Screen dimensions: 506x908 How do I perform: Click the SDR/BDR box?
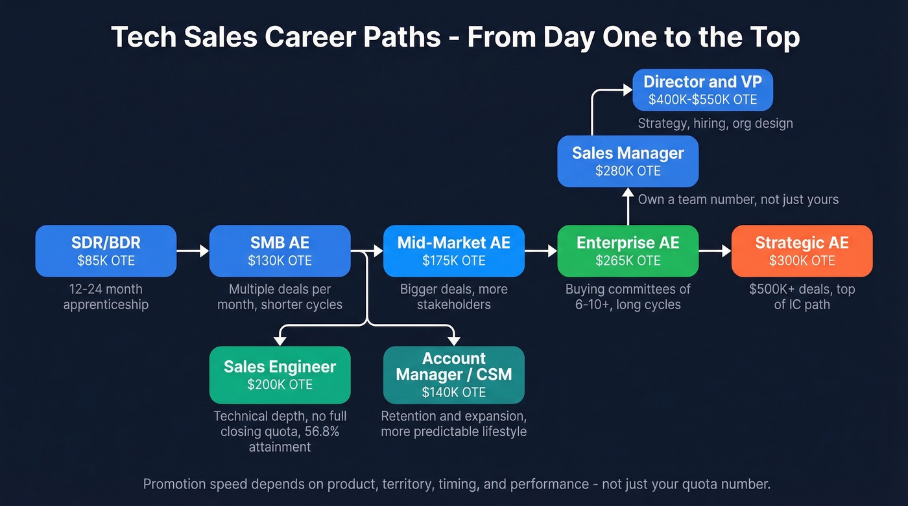click(x=106, y=251)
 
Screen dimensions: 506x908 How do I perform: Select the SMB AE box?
click(x=280, y=251)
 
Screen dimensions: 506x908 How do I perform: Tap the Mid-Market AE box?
click(x=453, y=251)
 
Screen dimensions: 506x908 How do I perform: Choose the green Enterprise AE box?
click(x=627, y=251)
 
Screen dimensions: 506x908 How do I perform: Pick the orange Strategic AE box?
click(x=802, y=251)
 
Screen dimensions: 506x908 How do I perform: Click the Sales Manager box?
click(x=627, y=161)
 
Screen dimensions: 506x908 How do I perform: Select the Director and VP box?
click(x=702, y=90)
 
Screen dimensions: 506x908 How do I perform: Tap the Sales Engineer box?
click(x=280, y=375)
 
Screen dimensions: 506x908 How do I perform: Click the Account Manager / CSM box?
click(x=453, y=375)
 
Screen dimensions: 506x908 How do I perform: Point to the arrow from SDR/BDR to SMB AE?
click(x=193, y=251)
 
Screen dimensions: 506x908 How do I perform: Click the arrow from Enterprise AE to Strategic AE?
click(x=715, y=251)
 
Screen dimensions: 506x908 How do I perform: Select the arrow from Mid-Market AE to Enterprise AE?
click(x=541, y=251)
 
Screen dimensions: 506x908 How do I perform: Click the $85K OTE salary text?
click(x=106, y=261)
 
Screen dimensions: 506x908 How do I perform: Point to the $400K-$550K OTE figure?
click(x=702, y=100)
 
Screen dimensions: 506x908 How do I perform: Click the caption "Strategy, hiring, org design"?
click(x=715, y=123)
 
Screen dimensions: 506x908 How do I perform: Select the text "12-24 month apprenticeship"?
click(x=106, y=297)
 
